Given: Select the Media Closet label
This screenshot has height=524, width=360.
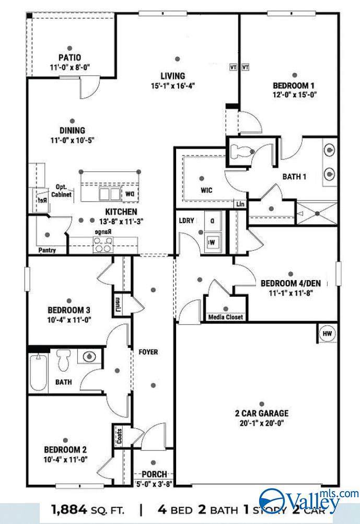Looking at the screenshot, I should [x=225, y=317].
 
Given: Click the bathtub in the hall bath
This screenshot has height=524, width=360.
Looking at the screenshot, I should [x=38, y=372].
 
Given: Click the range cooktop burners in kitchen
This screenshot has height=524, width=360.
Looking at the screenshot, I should [x=103, y=243].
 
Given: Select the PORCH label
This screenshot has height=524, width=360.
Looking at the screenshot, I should [x=154, y=474].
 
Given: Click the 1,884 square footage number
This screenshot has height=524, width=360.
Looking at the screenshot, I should [x=69, y=510].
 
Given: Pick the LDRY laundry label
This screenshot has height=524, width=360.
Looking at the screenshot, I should [x=187, y=220].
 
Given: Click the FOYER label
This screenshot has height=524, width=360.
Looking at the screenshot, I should [x=148, y=352].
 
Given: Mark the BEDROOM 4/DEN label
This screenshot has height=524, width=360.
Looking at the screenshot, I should [x=291, y=283].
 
